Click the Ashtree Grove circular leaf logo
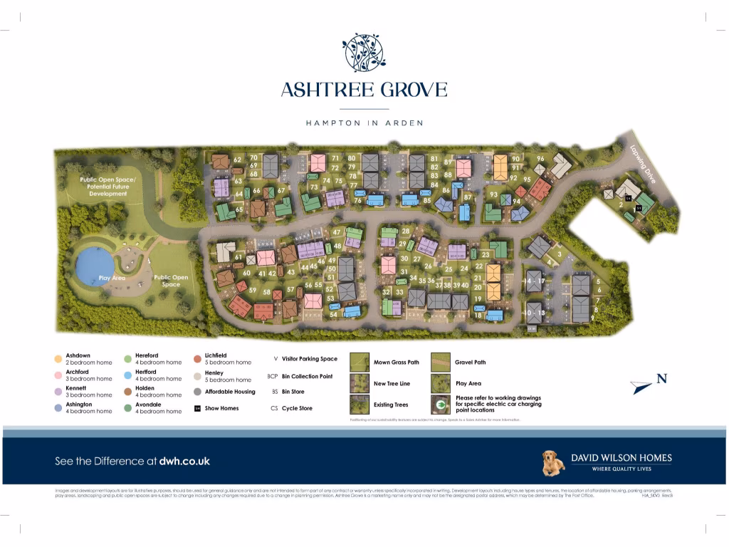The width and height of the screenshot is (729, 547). [x=364, y=52]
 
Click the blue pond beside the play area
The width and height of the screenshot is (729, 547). [x=95, y=265]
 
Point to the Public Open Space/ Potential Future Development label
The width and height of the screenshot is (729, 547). [x=107, y=187]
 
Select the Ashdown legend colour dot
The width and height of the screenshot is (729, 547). [x=58, y=359]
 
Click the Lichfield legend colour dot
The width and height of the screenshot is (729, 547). [x=198, y=359]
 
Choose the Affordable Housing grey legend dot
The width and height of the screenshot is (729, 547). [x=198, y=392]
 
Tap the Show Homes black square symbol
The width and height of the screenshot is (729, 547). [x=198, y=409]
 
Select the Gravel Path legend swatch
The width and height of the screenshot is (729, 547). [x=441, y=363]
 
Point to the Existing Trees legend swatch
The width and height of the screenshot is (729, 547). [x=360, y=405]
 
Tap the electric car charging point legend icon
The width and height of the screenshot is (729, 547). [x=441, y=405]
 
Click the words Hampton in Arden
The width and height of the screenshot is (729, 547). [x=364, y=123]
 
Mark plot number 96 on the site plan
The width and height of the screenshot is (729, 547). [x=540, y=159]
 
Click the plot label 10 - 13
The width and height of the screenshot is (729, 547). [x=535, y=313]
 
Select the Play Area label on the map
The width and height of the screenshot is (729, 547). [x=112, y=278]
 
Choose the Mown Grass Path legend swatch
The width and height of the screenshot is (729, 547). [x=360, y=363]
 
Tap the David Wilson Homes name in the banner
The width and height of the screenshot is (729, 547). [x=621, y=458]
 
